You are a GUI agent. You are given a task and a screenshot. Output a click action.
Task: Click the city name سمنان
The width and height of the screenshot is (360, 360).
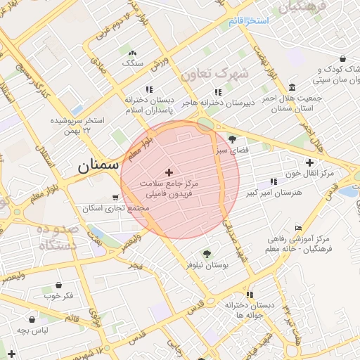pos(94,167)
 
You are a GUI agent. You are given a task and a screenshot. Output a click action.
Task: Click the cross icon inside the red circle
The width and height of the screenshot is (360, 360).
pos(169,172)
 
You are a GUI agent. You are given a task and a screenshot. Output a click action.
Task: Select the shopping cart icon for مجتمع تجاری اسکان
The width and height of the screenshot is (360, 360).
pos(115,198)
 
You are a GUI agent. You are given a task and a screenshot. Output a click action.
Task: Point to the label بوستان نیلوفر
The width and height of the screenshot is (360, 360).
pos(208,264)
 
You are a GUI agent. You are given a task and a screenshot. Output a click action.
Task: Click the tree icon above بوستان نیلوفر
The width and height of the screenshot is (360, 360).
pos(206,253)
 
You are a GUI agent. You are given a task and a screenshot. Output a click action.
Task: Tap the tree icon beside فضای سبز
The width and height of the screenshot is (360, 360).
pos(232,139)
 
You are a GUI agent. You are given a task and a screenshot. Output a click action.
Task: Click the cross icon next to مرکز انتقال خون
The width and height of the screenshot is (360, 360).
pos(309,162)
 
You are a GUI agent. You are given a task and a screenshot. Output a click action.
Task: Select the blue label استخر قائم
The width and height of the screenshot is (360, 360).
pos(248,21)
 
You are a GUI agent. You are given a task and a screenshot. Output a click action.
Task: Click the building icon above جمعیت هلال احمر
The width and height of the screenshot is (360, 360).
pos(292,87)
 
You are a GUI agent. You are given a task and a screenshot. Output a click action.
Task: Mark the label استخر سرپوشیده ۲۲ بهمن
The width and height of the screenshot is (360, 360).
pos(77,125)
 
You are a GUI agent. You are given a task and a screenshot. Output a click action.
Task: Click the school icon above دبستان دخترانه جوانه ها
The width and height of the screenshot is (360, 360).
pos(250,295)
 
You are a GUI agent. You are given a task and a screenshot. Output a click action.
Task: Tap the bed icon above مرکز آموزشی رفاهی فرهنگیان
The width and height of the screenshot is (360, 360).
pos(299,228)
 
